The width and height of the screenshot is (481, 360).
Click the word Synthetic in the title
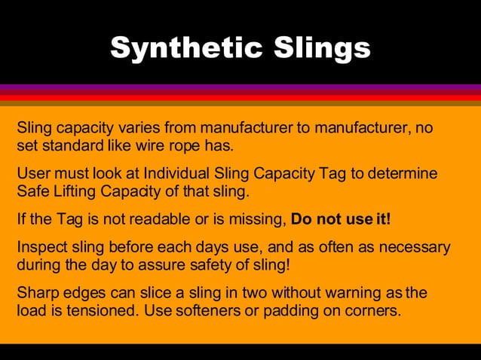[184, 48]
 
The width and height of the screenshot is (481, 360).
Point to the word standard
[72, 145]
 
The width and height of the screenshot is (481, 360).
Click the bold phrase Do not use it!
[341, 220]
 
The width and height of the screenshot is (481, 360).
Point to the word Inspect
[41, 247]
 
